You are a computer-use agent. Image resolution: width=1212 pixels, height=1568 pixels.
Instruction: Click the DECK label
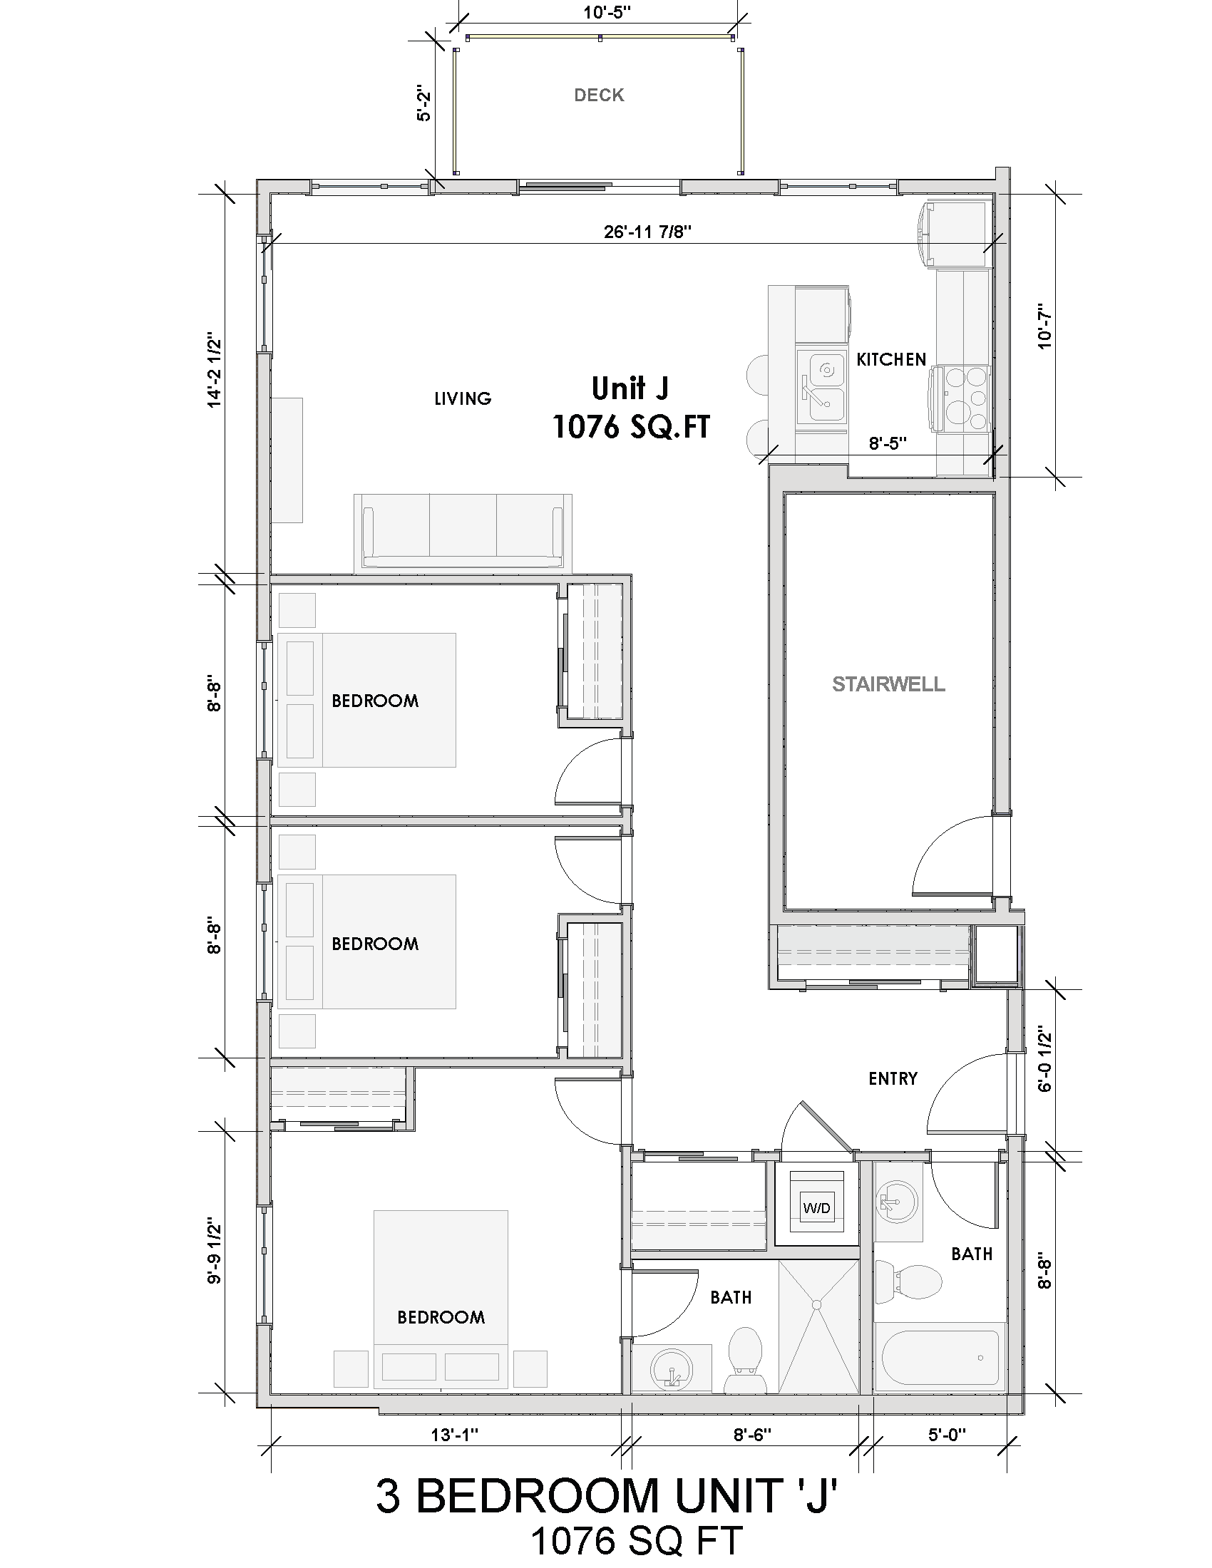[x=599, y=96]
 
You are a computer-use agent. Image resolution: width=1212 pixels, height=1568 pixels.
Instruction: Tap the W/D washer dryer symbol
[x=816, y=1207]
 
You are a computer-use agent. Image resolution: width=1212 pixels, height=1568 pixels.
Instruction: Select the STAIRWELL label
[x=888, y=684]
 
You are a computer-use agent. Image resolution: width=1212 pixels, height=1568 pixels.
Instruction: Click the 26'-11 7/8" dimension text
[x=647, y=232]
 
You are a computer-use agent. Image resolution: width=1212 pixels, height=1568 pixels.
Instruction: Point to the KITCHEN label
[x=891, y=360]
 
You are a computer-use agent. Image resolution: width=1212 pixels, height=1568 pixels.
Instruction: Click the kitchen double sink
[x=823, y=388]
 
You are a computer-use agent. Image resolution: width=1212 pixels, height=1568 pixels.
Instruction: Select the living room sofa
[x=463, y=532]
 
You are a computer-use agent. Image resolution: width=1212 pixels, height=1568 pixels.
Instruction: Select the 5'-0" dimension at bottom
[x=947, y=1435]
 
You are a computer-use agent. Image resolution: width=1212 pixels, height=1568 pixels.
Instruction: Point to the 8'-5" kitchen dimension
[x=888, y=444]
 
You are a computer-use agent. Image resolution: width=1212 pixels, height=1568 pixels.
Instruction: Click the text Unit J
[x=630, y=388]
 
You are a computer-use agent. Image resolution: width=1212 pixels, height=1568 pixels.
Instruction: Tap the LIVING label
[x=463, y=398]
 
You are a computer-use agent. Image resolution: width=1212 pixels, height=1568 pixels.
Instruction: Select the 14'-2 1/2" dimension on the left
[x=213, y=370]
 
